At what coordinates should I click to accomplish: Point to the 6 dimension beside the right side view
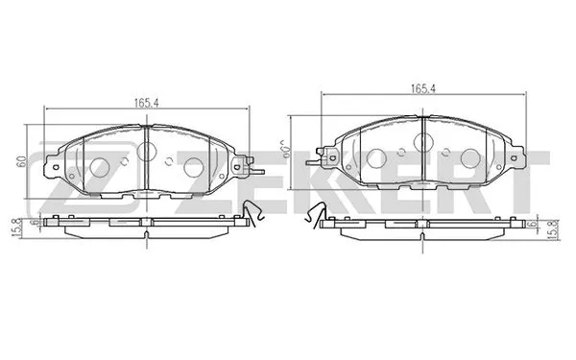[531, 223]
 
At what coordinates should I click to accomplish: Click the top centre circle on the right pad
[422, 142]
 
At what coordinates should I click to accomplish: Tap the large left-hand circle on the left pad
[101, 166]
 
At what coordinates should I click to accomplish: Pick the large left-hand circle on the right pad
[376, 157]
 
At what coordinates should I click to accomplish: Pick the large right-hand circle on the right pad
[468, 157]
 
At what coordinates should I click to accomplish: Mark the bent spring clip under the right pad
[313, 220]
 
